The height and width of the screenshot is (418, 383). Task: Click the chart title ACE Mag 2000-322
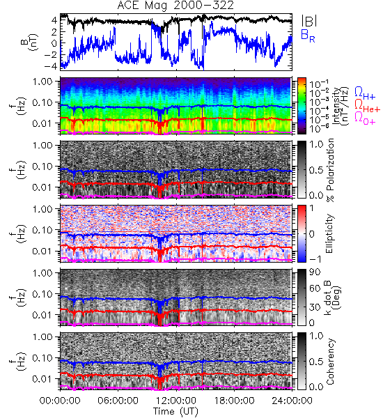(x=175, y=6)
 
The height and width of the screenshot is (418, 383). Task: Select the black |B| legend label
(x=309, y=20)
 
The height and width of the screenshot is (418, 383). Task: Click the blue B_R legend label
(x=308, y=36)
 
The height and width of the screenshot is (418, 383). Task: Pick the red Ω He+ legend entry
(x=367, y=106)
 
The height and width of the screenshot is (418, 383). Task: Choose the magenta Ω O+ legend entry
(x=365, y=118)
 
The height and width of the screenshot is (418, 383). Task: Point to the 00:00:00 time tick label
(x=60, y=401)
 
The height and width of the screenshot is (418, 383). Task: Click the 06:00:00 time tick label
(x=118, y=401)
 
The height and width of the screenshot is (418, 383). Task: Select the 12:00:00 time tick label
(x=176, y=401)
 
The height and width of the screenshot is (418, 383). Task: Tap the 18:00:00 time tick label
(x=234, y=401)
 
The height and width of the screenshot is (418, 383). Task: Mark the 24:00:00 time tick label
(x=292, y=401)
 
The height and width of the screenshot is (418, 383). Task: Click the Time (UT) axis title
(x=176, y=411)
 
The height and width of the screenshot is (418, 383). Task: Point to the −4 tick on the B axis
(x=51, y=65)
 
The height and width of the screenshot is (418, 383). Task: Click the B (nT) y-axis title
(x=31, y=42)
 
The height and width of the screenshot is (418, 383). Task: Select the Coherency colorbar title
(x=330, y=362)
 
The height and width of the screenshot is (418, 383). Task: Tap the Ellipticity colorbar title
(x=330, y=234)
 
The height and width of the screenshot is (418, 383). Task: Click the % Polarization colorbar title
(x=330, y=170)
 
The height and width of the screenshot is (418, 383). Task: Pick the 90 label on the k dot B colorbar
(x=315, y=272)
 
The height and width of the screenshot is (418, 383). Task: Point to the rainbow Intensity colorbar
(x=302, y=106)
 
